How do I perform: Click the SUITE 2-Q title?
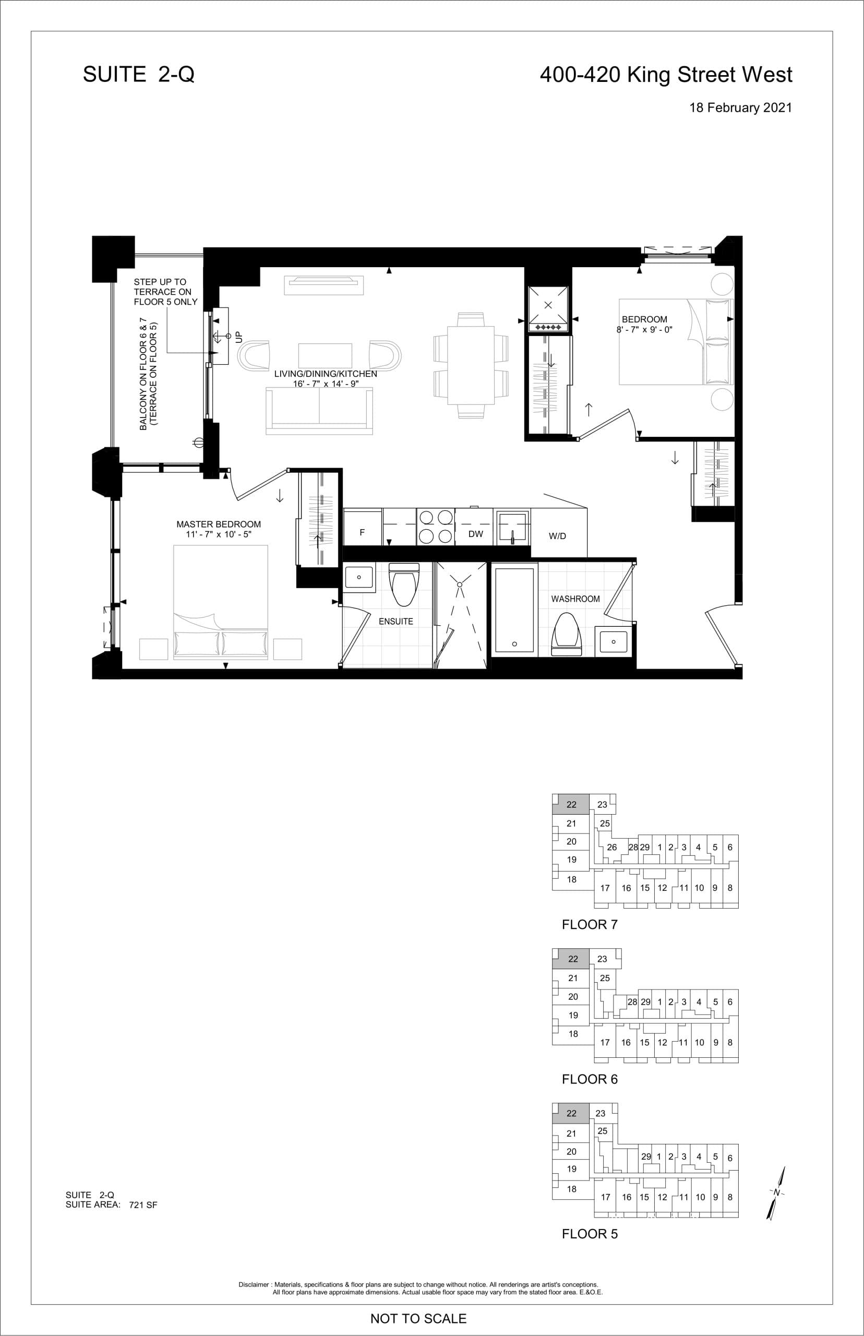pyautogui.click(x=139, y=75)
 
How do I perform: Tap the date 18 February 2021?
pyautogui.click(x=740, y=108)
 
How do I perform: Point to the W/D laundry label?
pyautogui.click(x=557, y=536)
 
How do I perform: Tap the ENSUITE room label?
pyautogui.click(x=395, y=621)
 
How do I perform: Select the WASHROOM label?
pyautogui.click(x=575, y=599)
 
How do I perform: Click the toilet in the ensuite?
pyautogui.click(x=404, y=583)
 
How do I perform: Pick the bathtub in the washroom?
pyautogui.click(x=514, y=610)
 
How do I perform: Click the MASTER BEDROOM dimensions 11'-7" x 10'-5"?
pyautogui.click(x=219, y=534)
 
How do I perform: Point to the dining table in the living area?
pyautogui.click(x=471, y=365)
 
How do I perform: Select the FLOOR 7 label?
pyautogui.click(x=589, y=924)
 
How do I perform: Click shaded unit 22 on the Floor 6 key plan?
pyautogui.click(x=572, y=959)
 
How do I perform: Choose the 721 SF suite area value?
pyautogui.click(x=143, y=1204)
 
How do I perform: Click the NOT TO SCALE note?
pyautogui.click(x=418, y=1318)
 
